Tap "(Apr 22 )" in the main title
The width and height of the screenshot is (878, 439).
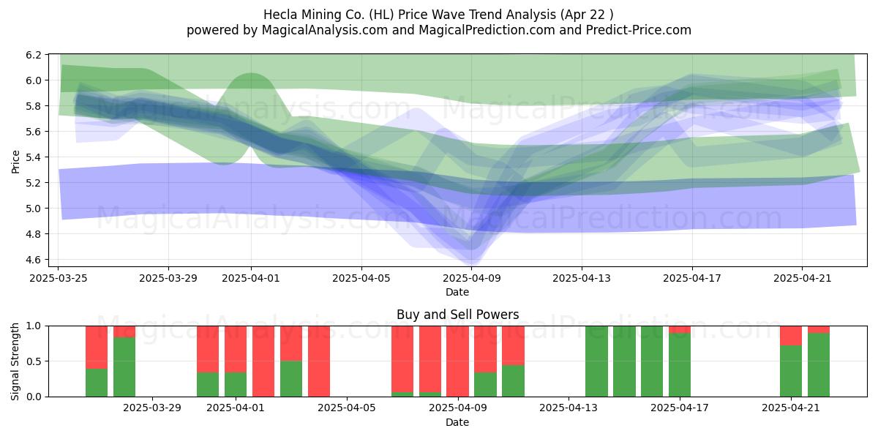tap(586, 15)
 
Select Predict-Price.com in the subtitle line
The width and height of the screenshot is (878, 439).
tap(639, 30)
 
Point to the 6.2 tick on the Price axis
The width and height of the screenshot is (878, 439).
tap(34, 55)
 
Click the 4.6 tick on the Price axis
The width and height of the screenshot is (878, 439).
tap(34, 260)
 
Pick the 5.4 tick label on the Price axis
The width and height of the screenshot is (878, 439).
tap(34, 157)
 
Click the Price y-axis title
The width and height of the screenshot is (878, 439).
tap(15, 162)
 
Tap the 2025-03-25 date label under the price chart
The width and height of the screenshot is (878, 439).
tap(59, 278)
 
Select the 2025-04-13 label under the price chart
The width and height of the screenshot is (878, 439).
tap(582, 278)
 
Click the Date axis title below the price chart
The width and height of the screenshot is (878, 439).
tap(457, 292)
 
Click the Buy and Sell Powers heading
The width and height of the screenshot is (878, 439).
tap(457, 315)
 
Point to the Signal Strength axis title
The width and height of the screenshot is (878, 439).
tap(15, 361)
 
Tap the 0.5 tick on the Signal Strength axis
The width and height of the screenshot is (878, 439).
tap(34, 361)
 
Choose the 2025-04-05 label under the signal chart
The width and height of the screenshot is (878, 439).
tap(347, 408)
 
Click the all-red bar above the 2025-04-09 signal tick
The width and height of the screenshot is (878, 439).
tap(457, 361)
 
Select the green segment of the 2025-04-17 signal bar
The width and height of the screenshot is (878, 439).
tap(680, 365)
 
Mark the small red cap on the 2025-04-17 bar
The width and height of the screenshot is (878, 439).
tap(680, 330)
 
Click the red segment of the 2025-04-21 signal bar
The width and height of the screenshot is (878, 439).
tap(791, 336)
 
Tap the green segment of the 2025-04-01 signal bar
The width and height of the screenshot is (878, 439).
tap(236, 384)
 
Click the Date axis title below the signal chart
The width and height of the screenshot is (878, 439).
tap(457, 422)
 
